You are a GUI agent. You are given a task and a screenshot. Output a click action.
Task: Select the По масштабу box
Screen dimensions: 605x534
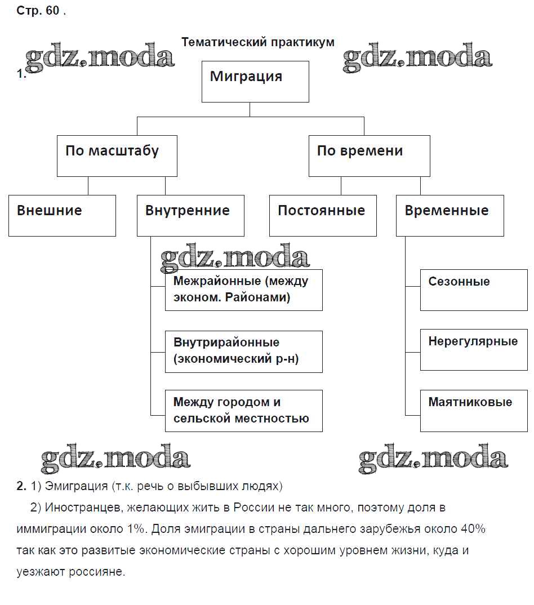[117, 155]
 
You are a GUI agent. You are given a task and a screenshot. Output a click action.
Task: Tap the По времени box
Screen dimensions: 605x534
[369, 155]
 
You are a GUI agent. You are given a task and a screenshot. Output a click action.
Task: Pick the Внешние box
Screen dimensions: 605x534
[62, 215]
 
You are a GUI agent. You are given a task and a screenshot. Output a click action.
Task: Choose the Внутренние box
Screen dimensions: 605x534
[190, 215]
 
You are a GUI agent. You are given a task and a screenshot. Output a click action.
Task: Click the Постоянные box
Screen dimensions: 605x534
[323, 215]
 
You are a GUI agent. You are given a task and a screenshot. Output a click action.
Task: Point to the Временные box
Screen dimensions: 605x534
[450, 215]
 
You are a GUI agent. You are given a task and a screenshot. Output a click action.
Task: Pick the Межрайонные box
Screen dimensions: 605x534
[243, 290]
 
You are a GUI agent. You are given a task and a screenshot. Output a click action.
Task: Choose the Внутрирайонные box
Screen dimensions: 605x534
[243, 351]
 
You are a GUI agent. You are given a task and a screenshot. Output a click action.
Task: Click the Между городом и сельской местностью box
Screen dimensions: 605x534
[243, 411]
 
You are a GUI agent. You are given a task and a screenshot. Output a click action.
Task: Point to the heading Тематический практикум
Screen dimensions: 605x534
[258, 42]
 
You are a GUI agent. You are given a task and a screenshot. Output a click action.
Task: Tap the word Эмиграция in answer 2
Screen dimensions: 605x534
[76, 486]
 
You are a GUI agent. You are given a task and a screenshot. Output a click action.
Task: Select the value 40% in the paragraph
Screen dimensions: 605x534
[473, 530]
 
